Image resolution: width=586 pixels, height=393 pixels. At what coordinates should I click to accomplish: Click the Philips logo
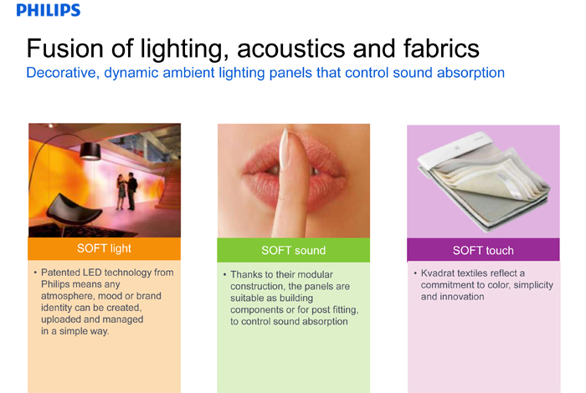pyautogui.click(x=49, y=10)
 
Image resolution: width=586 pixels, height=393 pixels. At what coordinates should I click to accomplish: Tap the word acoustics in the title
pyautogui.click(x=290, y=48)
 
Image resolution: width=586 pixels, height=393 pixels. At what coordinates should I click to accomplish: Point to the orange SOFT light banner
pyautogui.click(x=105, y=248)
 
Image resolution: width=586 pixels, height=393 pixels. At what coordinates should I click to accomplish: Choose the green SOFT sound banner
pyautogui.click(x=293, y=250)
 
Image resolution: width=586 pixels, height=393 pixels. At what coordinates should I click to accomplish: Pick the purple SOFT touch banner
pyautogui.click(x=483, y=250)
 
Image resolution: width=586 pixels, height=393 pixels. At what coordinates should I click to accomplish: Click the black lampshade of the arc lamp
pyautogui.click(x=90, y=151)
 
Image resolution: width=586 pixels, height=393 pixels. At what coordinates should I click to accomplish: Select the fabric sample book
pyautogui.click(x=484, y=181)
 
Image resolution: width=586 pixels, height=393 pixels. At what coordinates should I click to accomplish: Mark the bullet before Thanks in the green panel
pyautogui.click(x=224, y=275)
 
